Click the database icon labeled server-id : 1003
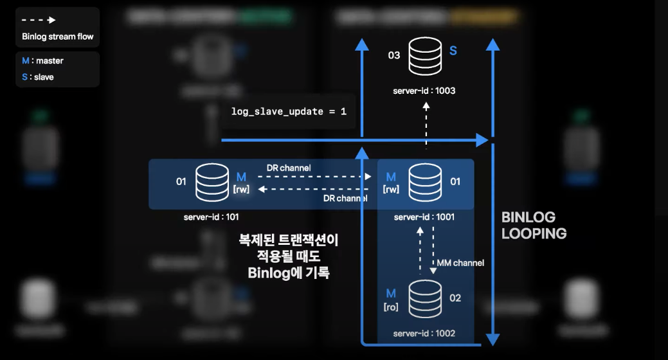(425, 56)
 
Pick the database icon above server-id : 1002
(425, 299)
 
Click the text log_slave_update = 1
(289, 111)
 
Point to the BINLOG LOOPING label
(534, 226)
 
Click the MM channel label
(460, 263)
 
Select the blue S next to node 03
(453, 50)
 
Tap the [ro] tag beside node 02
(391, 307)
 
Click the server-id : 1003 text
(424, 91)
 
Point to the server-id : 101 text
(212, 217)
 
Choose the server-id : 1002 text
(424, 333)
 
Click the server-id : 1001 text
(424, 217)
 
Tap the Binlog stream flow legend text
(58, 37)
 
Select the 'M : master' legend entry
(42, 61)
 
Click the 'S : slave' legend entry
(38, 77)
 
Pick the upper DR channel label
(289, 168)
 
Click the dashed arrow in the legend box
(39, 20)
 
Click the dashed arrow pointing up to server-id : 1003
(425, 125)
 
